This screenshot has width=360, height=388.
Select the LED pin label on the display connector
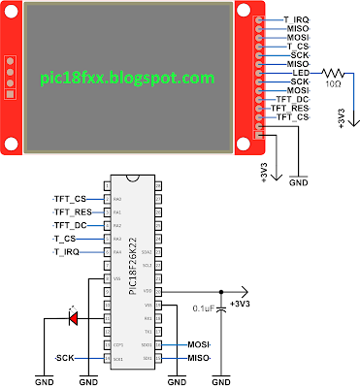(300, 74)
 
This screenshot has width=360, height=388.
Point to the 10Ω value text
(334, 84)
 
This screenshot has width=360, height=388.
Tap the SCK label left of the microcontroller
(65, 357)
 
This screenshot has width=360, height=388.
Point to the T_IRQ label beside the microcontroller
(66, 251)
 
